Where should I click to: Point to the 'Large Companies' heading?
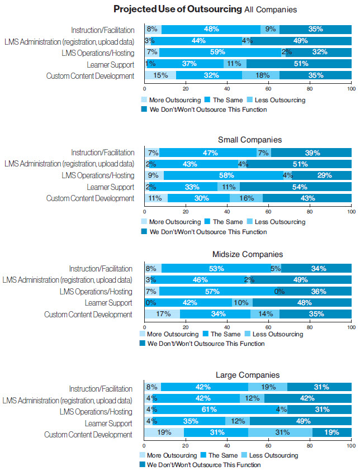click(248, 375)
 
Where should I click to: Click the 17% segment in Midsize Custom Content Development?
click(164, 315)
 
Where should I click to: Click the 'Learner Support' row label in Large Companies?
click(108, 423)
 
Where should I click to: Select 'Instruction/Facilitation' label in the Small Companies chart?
click(103, 153)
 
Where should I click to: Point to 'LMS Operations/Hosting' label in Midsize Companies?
click(96, 292)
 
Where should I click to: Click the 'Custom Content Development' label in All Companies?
click(91, 76)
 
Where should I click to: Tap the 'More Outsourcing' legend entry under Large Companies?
click(170, 455)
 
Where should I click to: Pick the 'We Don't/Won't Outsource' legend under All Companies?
click(203, 110)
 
